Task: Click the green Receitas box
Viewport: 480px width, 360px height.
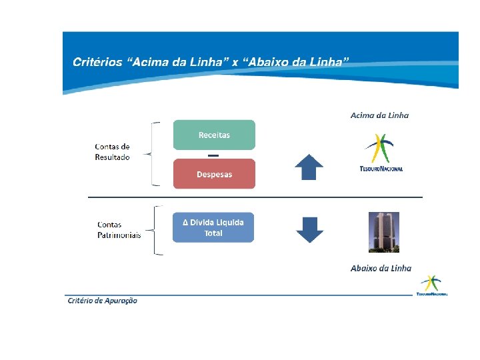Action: (x=214, y=135)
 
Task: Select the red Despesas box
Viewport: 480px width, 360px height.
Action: (x=214, y=174)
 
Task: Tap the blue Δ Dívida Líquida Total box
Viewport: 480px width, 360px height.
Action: (x=213, y=227)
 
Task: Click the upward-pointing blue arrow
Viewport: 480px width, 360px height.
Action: (x=309, y=167)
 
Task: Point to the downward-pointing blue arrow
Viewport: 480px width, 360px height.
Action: (x=309, y=229)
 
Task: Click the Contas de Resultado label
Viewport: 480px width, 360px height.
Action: (x=112, y=152)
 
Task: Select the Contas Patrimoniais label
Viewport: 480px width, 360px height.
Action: (x=119, y=230)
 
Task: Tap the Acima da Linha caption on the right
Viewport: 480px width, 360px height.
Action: (x=379, y=115)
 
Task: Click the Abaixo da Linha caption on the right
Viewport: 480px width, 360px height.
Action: (x=381, y=268)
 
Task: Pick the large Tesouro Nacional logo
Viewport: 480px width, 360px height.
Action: (x=381, y=153)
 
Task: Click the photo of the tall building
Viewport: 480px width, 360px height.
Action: (x=383, y=232)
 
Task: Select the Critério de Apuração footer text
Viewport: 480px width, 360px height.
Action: (x=103, y=301)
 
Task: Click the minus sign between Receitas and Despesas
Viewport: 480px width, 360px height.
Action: (x=213, y=155)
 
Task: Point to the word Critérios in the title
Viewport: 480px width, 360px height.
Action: (x=97, y=62)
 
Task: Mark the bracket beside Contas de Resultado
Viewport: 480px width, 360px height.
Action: (x=155, y=153)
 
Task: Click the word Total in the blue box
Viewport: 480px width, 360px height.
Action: (x=213, y=233)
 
